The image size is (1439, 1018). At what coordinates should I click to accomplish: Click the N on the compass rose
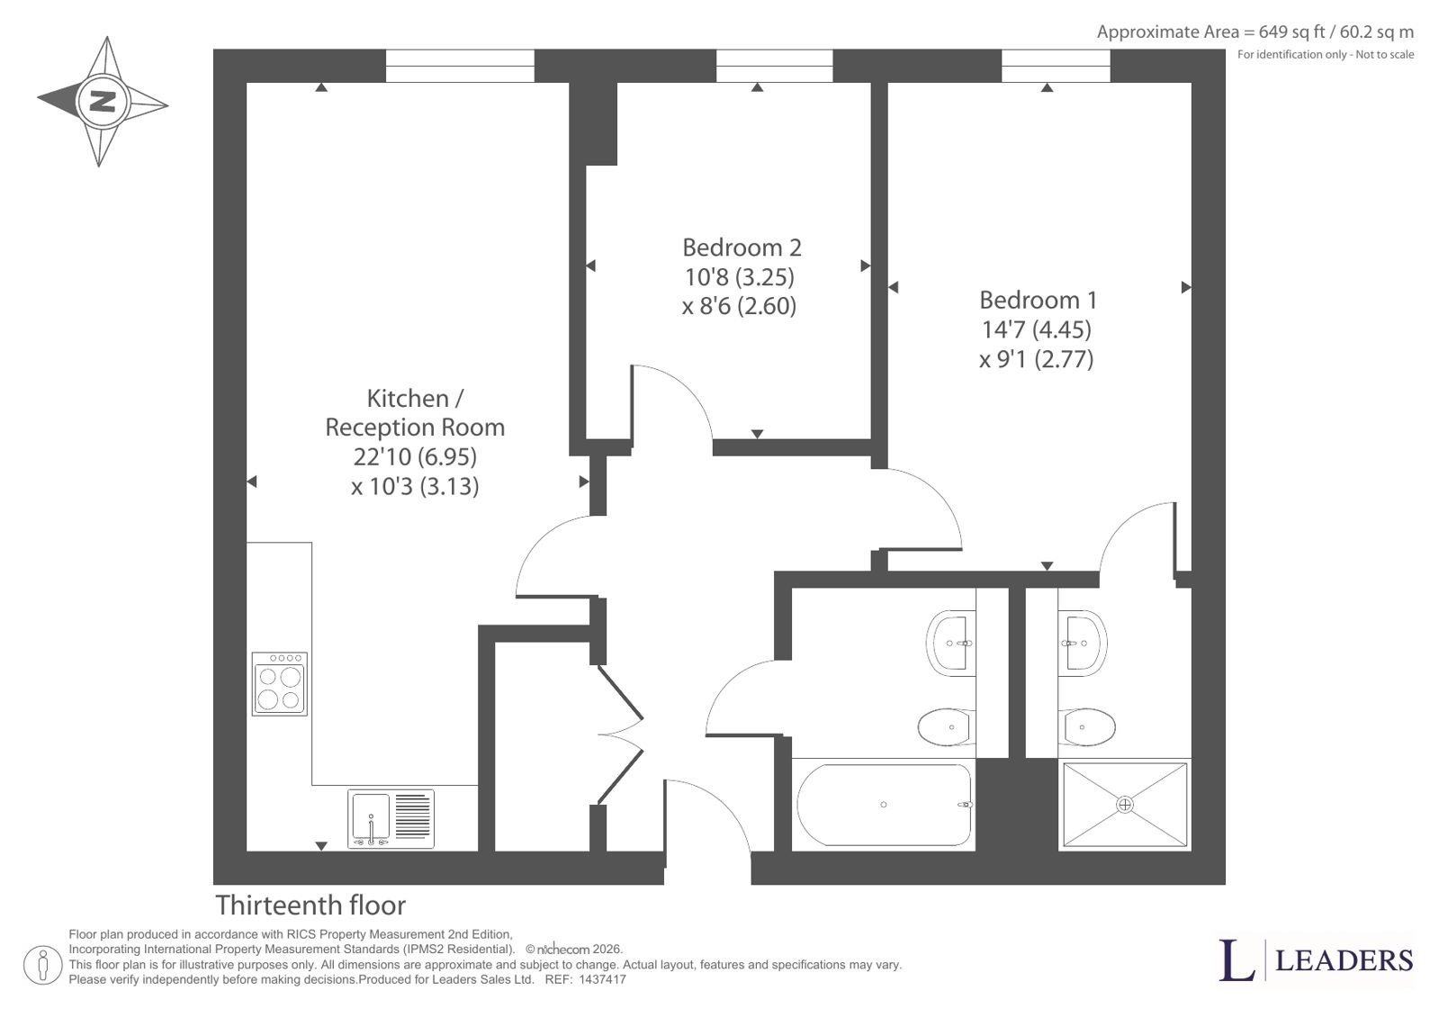103,102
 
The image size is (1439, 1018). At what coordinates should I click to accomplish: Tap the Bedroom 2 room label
742,248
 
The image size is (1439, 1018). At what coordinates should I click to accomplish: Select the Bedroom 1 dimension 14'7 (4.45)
1036,329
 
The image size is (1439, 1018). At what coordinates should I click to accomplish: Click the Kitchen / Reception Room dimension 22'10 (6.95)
415,457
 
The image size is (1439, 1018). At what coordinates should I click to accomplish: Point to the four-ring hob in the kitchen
280,684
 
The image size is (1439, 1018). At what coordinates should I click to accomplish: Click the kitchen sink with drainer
391,818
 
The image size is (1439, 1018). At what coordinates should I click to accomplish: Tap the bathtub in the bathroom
884,805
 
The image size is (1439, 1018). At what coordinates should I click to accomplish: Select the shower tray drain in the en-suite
1125,805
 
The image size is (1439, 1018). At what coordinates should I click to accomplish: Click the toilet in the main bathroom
947,727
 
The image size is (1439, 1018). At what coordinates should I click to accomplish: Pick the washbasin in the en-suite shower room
1083,643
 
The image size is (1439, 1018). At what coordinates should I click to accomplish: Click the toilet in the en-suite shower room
1086,727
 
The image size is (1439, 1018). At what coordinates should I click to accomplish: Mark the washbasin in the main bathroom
950,643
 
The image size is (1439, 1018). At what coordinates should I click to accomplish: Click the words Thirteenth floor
310,905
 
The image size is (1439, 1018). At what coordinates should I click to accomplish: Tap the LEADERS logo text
1344,960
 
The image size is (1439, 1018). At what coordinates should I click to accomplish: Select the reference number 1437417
602,979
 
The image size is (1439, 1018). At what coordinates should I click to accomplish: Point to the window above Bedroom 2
774,67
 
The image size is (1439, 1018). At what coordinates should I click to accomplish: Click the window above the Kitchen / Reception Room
460,67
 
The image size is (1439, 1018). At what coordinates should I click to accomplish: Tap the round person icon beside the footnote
42,965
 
